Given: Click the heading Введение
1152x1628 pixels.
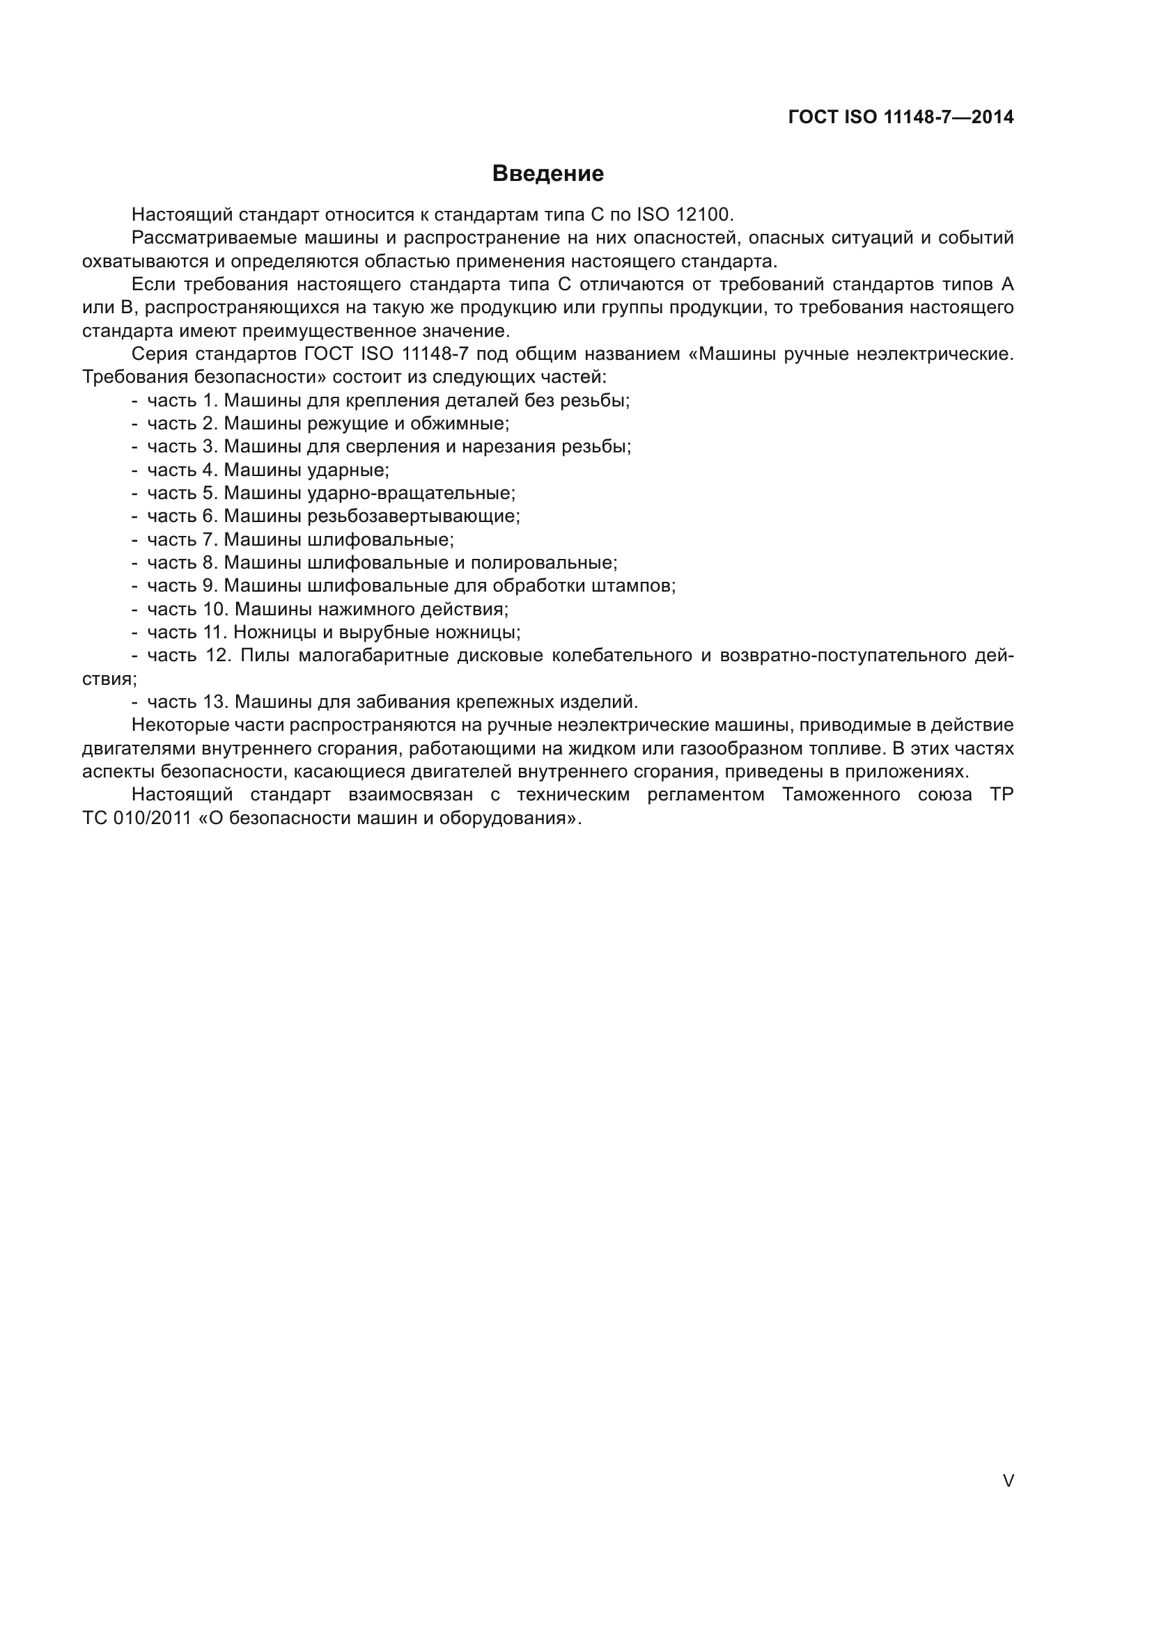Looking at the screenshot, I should (547, 174).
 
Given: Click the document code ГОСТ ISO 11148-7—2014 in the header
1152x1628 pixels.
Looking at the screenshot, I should (900, 118).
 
